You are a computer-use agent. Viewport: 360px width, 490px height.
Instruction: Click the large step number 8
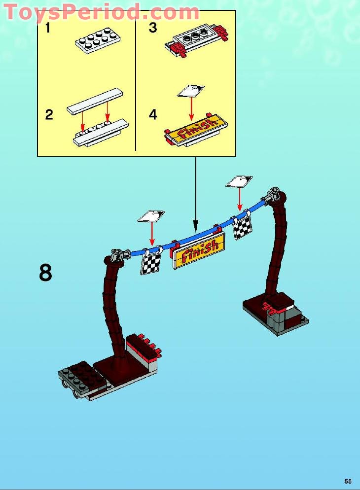point(45,273)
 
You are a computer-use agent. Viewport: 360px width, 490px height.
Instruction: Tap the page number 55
point(348,481)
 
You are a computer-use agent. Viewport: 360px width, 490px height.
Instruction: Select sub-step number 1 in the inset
point(48,28)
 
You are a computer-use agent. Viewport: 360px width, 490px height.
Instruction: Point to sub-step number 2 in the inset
point(49,115)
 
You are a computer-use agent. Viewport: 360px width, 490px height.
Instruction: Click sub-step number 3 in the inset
point(153,28)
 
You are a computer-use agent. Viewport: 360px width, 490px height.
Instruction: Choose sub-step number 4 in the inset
point(153,115)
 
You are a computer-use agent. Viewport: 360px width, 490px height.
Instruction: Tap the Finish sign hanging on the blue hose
point(198,251)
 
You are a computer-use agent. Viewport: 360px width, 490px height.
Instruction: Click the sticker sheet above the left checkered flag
point(151,216)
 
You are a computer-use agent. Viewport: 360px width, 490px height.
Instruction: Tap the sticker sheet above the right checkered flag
point(239,181)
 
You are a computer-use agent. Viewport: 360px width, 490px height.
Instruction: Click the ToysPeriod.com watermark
point(101,12)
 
